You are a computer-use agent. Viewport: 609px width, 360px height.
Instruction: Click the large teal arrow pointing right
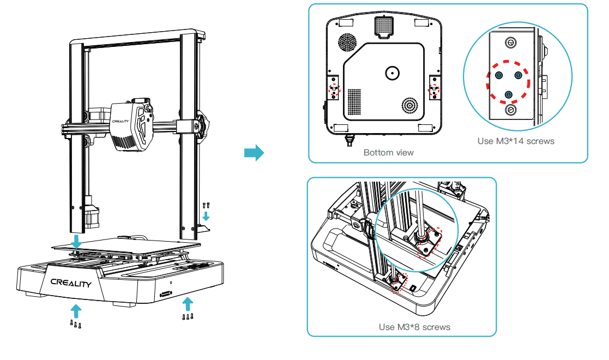254,153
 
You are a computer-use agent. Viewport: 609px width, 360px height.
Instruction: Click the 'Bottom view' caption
388,153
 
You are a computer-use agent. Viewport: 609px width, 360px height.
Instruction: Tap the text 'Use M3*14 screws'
516,141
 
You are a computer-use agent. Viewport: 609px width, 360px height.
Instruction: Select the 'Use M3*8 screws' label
414,327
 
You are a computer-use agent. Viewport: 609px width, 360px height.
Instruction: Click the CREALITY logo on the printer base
71,283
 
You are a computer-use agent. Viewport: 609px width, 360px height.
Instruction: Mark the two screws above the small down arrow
206,206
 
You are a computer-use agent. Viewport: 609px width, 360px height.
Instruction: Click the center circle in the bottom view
392,73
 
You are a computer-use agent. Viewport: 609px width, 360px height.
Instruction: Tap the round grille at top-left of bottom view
347,41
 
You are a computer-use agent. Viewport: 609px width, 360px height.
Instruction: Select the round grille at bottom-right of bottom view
410,105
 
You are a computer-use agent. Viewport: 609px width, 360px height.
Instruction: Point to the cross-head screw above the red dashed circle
511,42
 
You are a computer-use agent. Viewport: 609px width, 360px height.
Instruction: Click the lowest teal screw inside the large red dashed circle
509,95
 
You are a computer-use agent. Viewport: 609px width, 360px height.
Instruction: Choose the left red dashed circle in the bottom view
333,89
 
